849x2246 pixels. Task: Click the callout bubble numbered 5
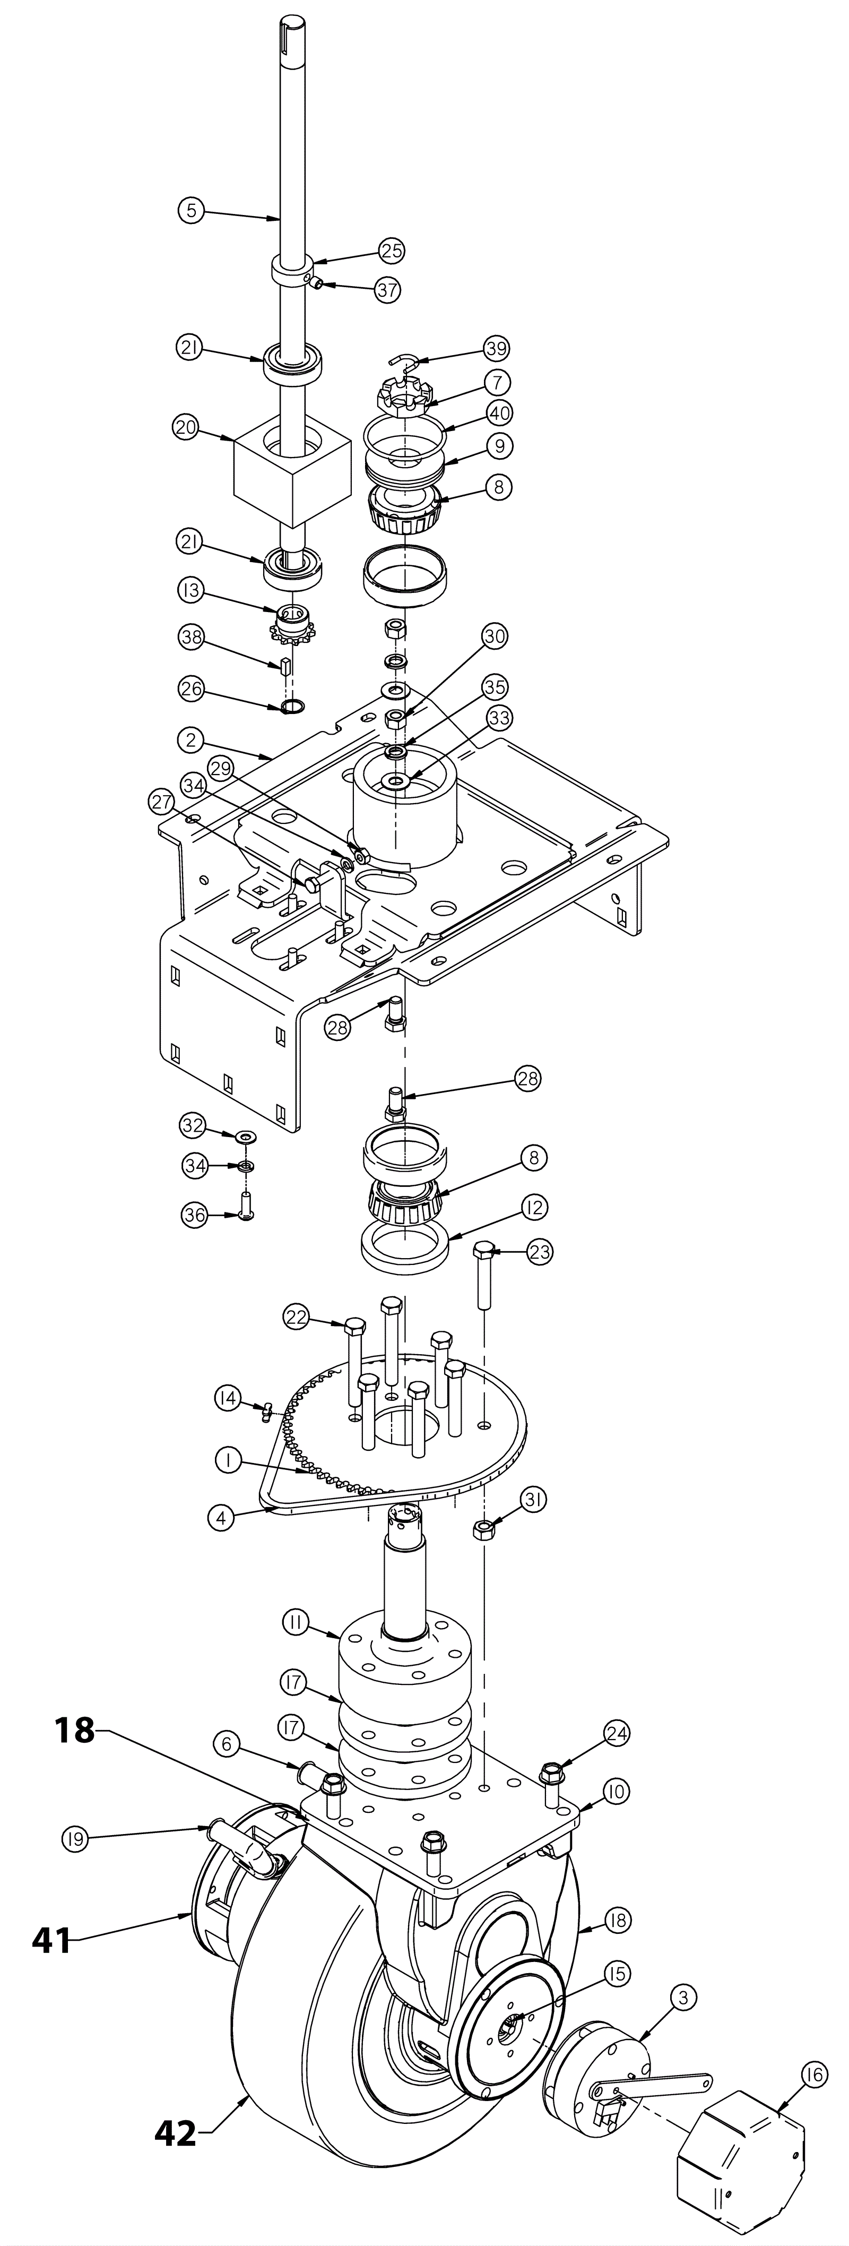pos(191,210)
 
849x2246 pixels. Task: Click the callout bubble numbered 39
pos(497,349)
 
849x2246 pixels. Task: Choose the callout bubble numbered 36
pos(195,1215)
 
